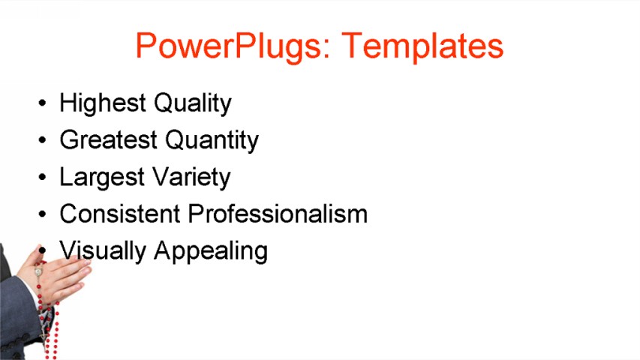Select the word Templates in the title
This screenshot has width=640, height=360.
tap(422, 46)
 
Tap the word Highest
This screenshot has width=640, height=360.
tap(102, 103)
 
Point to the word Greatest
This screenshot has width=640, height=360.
tap(108, 140)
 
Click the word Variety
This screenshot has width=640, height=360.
tap(190, 178)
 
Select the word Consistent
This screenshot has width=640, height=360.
tap(120, 214)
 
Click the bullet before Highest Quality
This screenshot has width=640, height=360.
tap(43, 103)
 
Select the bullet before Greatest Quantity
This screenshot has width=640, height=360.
tap(43, 140)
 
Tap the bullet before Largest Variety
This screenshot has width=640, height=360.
tap(43, 178)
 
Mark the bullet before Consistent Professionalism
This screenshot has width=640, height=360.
tap(43, 214)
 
